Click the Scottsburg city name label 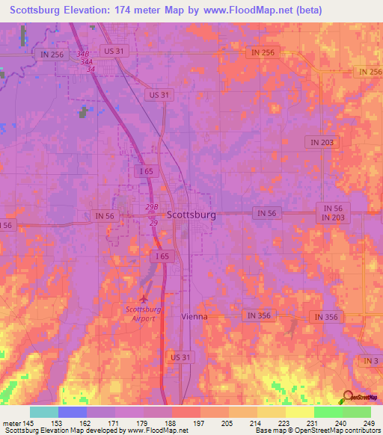(191, 215)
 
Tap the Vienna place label (194, 316)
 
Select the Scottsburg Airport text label (144, 313)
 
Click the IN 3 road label (371, 361)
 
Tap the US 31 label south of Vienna (182, 358)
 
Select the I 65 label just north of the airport (162, 256)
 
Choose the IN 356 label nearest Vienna (257, 315)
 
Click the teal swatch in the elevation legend (44, 412)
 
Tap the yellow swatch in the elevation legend (299, 412)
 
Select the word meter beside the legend (10, 423)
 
